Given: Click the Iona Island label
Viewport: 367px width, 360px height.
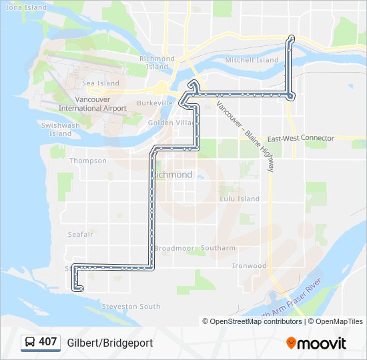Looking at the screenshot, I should [x=27, y=7].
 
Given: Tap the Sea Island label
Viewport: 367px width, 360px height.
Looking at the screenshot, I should [x=100, y=83].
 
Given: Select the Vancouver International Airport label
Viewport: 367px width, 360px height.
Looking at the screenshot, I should [x=92, y=103].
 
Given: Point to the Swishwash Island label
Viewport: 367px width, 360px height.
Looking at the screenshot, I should [x=60, y=129].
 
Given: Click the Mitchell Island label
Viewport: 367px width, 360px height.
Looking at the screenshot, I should [x=252, y=60].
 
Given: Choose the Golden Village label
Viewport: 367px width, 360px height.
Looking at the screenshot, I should [x=171, y=123].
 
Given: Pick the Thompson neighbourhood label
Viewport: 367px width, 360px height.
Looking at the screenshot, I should [x=88, y=161].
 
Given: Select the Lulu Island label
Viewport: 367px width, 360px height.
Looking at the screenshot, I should [x=240, y=199].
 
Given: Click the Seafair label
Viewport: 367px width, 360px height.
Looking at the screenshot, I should [x=81, y=234].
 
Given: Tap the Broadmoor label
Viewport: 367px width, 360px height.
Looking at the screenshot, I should [x=174, y=248].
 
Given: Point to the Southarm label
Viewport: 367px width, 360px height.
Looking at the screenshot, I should [x=218, y=248].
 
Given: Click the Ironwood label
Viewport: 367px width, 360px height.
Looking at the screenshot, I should [x=249, y=265].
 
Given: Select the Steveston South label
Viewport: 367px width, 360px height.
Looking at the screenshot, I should [x=131, y=306].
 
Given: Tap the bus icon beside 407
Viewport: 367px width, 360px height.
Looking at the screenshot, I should [x=30, y=342].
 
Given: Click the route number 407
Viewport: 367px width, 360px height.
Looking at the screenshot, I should [x=48, y=342].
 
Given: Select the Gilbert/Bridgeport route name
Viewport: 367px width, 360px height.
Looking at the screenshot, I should [x=109, y=343].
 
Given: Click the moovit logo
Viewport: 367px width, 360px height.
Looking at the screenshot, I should [x=316, y=343].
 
